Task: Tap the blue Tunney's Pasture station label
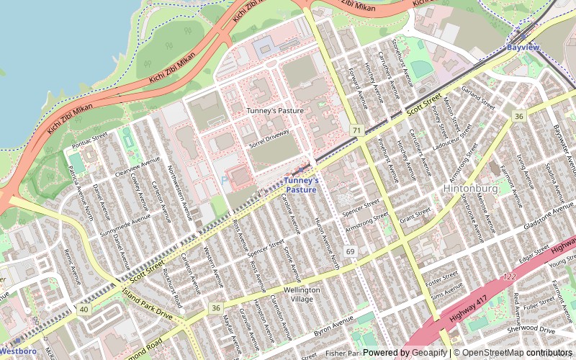(x=300, y=185)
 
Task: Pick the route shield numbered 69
(x=351, y=251)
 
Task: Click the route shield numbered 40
(x=84, y=309)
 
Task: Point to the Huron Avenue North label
(x=328, y=234)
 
